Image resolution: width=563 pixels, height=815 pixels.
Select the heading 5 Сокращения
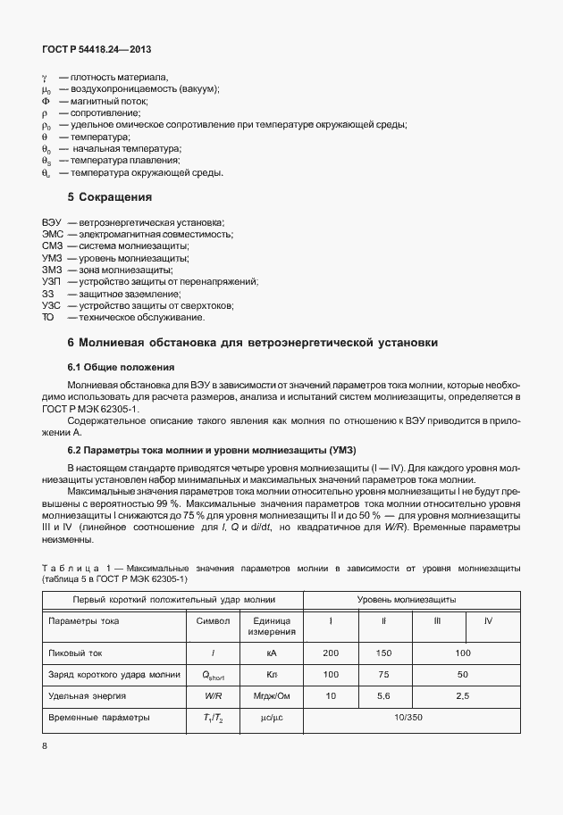tap(110, 195)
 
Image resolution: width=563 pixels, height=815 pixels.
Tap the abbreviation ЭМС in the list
tap(53, 233)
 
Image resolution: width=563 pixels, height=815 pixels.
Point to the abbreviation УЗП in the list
tap(52, 281)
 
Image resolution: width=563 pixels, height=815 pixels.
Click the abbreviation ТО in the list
tap(48, 318)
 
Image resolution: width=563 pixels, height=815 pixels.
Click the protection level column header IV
tap(488, 620)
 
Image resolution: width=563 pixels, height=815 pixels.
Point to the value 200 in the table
tap(331, 654)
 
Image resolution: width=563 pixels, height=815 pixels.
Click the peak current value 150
tap(383, 654)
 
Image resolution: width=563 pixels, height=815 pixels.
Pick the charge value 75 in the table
tap(383, 674)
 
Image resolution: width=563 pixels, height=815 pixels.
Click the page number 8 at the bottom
tap(44, 745)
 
